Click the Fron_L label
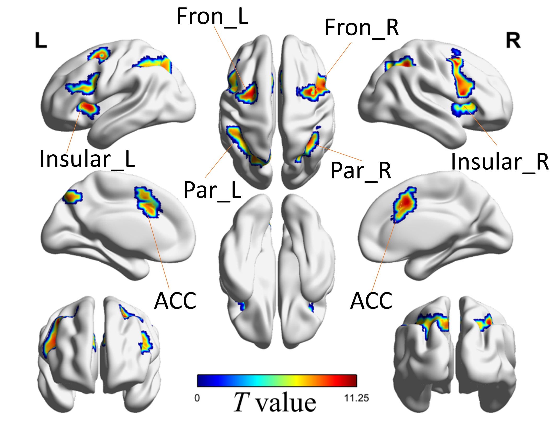click(212, 16)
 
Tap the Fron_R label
click(361, 28)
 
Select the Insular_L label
click(87, 159)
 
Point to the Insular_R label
click(500, 162)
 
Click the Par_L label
click(212, 190)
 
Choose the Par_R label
click(361, 171)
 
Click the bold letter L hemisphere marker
click(41, 41)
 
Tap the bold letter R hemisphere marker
click(513, 41)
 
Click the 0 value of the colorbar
click(197, 398)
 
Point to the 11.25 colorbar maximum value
click(356, 398)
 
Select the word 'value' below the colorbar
click(286, 403)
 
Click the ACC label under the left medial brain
click(175, 301)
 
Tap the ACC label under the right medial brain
click(371, 301)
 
